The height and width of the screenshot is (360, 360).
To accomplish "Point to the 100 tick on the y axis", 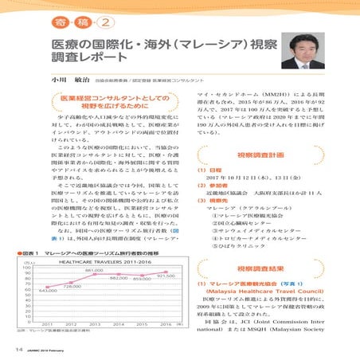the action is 28,268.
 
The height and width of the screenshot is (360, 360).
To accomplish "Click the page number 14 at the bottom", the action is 18,348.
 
